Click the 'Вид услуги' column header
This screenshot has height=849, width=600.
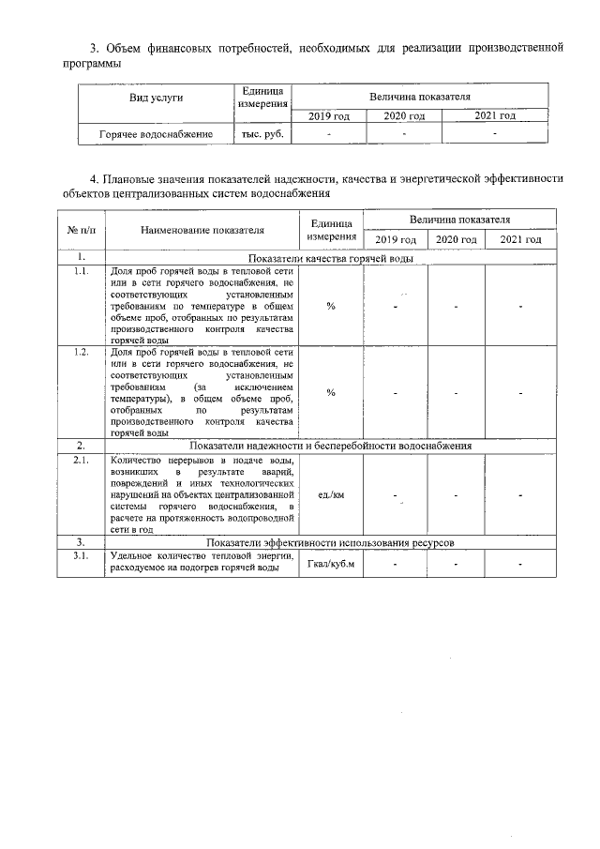[156, 97]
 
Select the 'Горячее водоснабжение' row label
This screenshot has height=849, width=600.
[156, 134]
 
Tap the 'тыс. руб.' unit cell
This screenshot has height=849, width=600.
[262, 134]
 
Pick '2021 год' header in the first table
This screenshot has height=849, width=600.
[493, 116]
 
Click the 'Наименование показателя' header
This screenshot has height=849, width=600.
[202, 228]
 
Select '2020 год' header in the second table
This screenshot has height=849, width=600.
[456, 240]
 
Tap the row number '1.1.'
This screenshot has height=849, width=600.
[81, 271]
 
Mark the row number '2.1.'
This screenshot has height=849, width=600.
[81, 460]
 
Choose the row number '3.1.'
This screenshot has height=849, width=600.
[81, 557]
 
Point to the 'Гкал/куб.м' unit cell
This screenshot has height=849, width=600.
[331, 564]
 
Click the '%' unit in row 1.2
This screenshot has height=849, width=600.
[331, 392]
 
